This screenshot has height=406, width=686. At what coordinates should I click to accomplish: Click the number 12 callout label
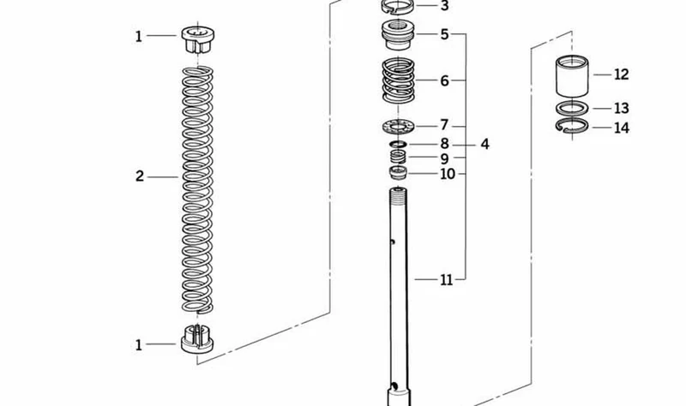tap(621, 75)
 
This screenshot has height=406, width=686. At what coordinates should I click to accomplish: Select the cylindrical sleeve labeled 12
tap(572, 75)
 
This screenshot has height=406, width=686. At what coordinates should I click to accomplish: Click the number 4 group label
tap(484, 144)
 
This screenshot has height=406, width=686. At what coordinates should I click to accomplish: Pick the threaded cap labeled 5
tap(398, 35)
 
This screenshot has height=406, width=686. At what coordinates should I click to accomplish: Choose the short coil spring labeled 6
tap(398, 81)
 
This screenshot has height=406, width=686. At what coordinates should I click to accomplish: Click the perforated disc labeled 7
tap(398, 127)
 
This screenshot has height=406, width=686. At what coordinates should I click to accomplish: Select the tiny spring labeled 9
tap(398, 156)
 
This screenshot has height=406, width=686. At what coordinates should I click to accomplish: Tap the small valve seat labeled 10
tap(398, 172)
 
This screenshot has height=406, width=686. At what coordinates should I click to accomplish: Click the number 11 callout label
tap(446, 280)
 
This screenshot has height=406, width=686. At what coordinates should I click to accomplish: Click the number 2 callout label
tap(140, 176)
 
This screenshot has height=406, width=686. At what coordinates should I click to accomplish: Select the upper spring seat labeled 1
tap(198, 39)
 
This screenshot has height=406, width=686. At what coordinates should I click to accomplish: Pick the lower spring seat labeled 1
tap(197, 338)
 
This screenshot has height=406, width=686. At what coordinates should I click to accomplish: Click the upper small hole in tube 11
tap(393, 242)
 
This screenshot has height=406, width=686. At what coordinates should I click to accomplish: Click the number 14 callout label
tap(621, 128)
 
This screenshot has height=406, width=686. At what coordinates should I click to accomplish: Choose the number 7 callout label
tap(444, 125)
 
